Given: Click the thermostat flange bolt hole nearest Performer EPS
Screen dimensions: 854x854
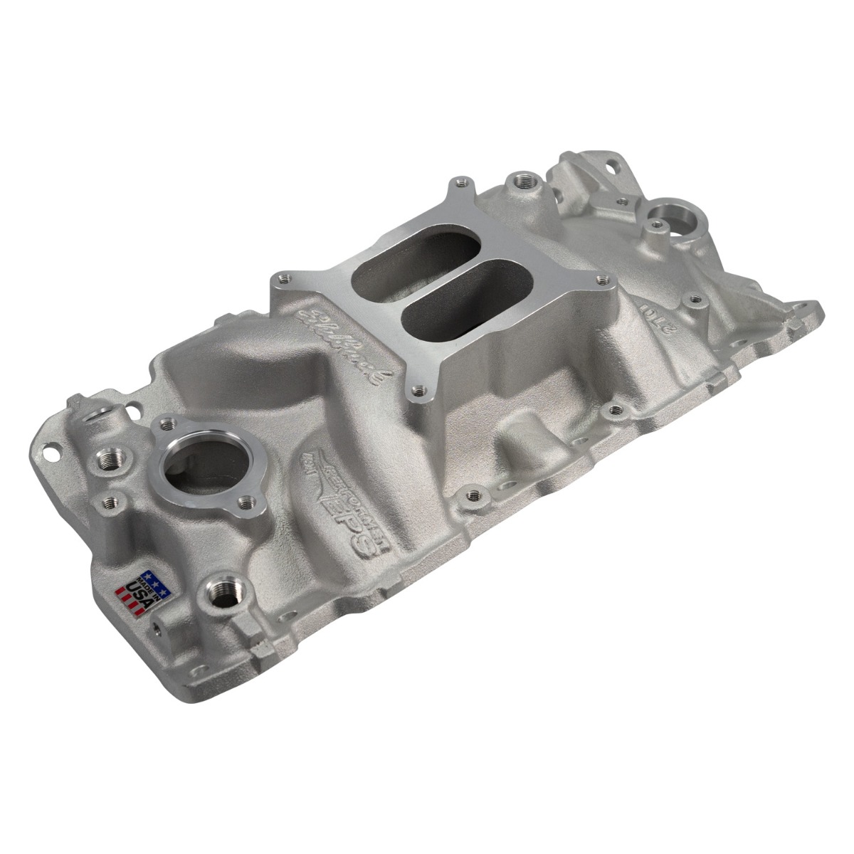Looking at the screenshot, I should tap(248, 502).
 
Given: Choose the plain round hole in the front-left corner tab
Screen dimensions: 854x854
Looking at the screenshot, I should tap(51, 450).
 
